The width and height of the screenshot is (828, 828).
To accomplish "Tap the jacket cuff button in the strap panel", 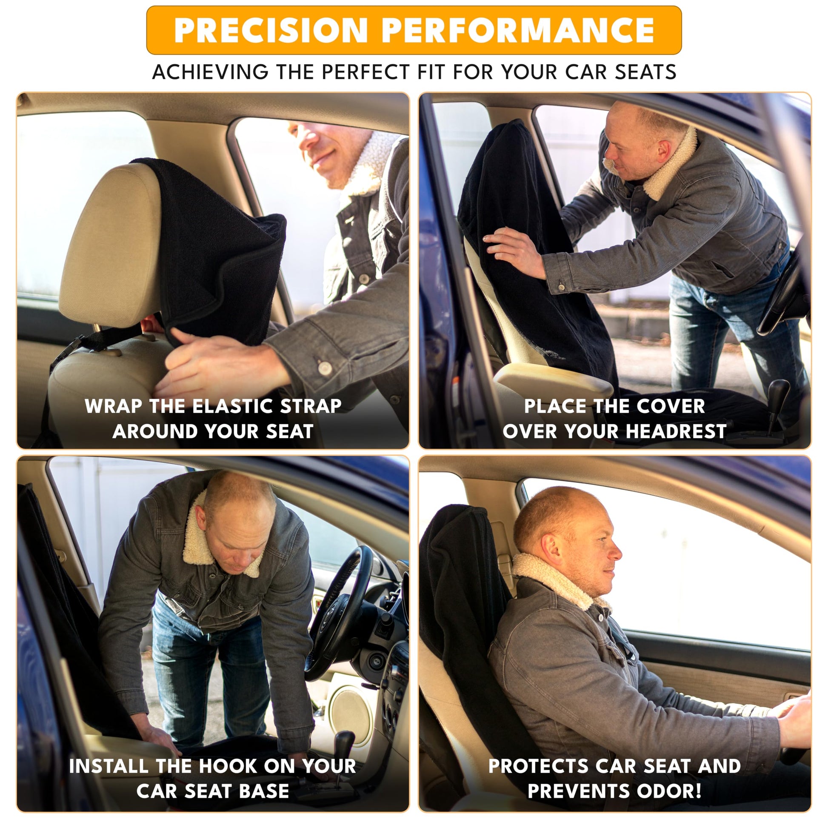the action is tap(325, 367).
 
